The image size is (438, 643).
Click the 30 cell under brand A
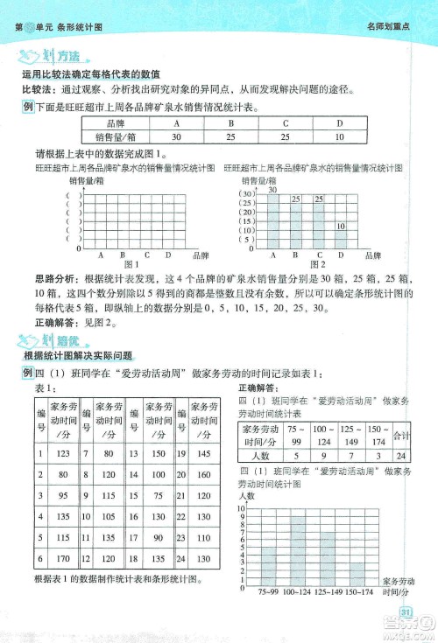177,137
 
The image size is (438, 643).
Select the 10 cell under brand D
339,137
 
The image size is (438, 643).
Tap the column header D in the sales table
339,124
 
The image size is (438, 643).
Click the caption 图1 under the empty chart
132,263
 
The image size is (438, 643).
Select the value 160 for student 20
203,473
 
